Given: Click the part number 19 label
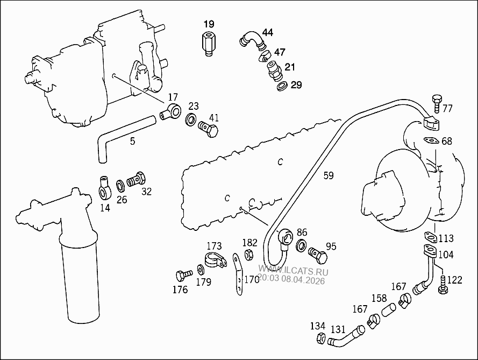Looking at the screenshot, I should (209, 24).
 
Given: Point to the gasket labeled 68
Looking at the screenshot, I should (431, 140).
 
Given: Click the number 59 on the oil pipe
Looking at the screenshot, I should (329, 175).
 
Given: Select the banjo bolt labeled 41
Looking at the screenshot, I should (208, 129).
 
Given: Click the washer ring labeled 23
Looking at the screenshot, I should (191, 119).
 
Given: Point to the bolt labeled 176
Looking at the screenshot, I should (182, 276).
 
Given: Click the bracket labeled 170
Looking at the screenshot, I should (237, 274).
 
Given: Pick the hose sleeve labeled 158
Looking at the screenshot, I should (389, 309).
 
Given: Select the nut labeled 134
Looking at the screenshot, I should (319, 339).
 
